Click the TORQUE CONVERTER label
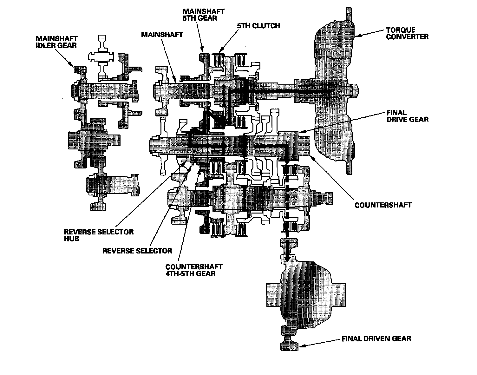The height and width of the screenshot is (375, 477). click(x=407, y=33)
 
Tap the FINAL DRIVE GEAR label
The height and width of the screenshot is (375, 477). click(x=407, y=116)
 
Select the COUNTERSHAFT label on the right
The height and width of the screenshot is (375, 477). click(x=383, y=205)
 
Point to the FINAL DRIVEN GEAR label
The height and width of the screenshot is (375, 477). click(x=376, y=339)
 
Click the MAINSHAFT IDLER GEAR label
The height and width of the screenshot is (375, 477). click(x=56, y=42)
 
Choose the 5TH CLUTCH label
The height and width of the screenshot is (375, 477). click(x=258, y=25)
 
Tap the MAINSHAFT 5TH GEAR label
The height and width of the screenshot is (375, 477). click(x=204, y=15)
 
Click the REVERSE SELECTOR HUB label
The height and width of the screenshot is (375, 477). click(x=99, y=235)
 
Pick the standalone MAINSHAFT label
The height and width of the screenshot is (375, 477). click(x=162, y=34)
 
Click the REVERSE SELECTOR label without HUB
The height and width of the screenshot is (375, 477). click(x=137, y=251)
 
